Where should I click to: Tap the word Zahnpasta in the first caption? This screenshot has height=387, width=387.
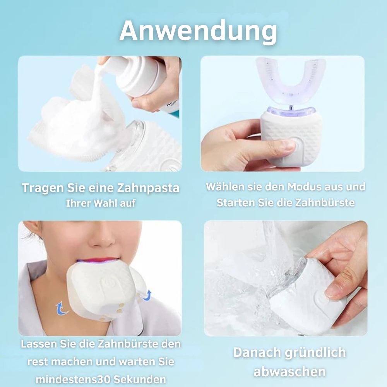point(148,188)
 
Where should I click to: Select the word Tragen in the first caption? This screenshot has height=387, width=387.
point(43,188)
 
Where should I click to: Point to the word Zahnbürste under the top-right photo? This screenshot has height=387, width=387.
point(325,203)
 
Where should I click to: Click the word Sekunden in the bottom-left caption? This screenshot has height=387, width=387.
point(140,379)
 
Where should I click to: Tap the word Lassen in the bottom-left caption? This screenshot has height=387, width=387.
point(39,344)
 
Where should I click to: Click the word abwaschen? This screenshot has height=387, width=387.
point(289,372)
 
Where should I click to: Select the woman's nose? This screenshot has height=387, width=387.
point(102,236)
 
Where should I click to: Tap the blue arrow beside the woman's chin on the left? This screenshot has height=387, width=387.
point(61,308)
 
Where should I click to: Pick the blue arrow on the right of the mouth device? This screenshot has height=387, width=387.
point(147,295)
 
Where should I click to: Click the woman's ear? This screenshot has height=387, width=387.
point(33,231)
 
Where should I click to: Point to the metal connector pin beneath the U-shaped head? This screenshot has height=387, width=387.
point(291,108)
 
